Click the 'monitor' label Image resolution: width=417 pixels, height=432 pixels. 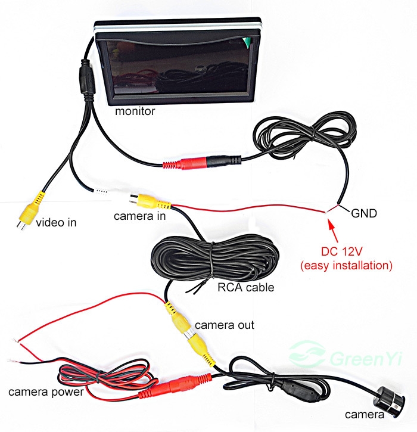pos(135,111)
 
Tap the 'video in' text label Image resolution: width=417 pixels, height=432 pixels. pos(56,222)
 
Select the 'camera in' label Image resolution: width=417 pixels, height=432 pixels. pos(139,216)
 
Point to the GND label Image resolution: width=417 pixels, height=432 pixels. pos(364,213)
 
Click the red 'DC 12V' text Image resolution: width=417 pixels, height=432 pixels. pos(341,251)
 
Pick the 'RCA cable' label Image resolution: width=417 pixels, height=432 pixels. pos(245,287)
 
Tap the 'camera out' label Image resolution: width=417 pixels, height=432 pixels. pos(224,325)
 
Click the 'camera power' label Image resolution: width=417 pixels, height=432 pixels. pos(46,391)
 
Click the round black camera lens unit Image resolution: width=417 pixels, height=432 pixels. pos(388,402)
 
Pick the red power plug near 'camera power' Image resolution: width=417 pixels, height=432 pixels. pos(175,386)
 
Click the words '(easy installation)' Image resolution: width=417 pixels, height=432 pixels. pos(346,266)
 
